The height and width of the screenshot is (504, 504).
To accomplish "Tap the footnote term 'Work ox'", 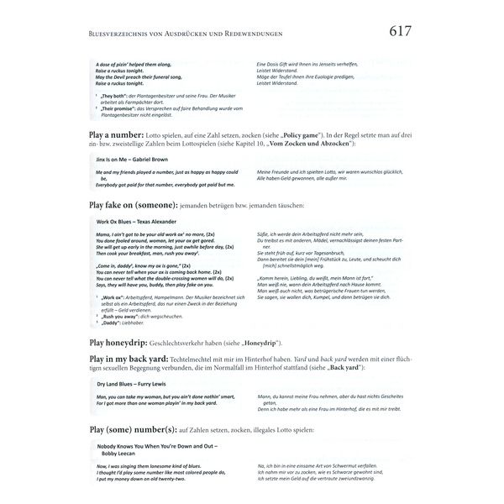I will pyautogui.click(x=113, y=297).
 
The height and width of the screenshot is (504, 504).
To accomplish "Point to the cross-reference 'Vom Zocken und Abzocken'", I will pyautogui.click(x=303, y=145).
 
